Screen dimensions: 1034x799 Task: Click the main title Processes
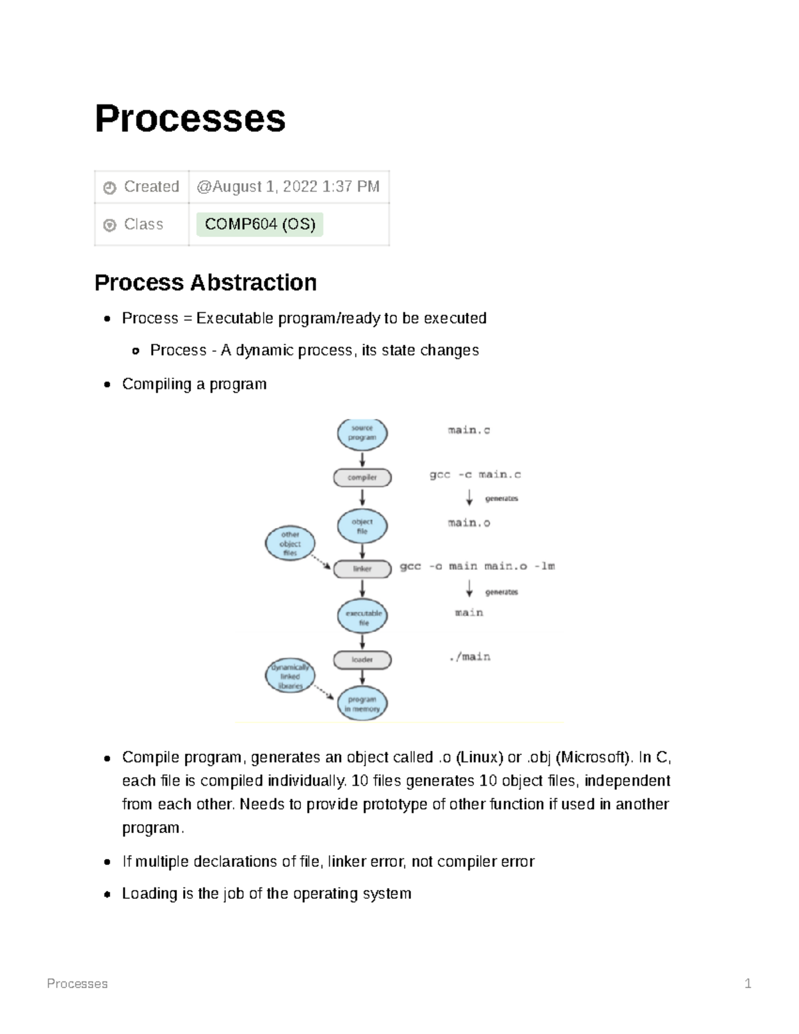point(190,119)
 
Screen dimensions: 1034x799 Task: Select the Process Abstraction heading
point(205,282)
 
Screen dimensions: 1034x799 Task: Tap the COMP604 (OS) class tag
point(260,224)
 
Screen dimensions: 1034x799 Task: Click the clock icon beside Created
point(110,188)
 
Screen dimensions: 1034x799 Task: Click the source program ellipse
point(362,433)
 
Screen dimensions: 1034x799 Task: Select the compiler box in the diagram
point(362,477)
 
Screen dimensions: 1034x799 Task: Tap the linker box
point(362,569)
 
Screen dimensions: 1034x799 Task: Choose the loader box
point(362,660)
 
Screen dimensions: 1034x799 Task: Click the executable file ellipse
point(363,617)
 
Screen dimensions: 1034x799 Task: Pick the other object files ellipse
point(290,543)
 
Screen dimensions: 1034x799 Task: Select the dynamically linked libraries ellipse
point(290,676)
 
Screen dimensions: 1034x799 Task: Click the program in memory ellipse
point(362,704)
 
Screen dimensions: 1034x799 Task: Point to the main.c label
point(469,430)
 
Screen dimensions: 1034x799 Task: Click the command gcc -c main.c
point(475,475)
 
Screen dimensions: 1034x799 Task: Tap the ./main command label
point(469,657)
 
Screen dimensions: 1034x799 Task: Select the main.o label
point(469,523)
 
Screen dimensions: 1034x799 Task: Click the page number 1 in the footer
point(748,983)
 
